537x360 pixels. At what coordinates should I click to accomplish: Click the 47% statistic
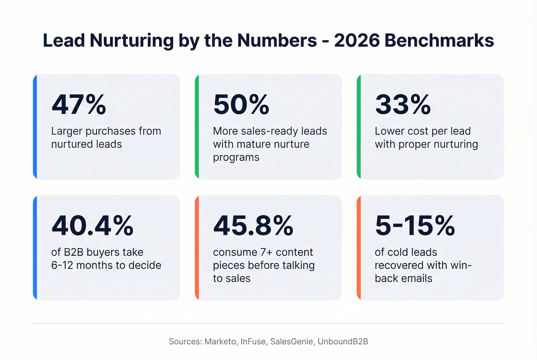[x=79, y=104]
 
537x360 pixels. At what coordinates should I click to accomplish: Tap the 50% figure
[x=241, y=104]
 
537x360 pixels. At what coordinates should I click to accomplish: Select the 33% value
[x=403, y=104]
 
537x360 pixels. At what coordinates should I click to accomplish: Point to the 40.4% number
[x=92, y=225]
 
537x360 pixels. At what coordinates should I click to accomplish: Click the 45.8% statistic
[x=253, y=225]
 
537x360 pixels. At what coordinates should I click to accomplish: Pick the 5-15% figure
[x=415, y=225]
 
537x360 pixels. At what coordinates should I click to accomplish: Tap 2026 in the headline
[x=356, y=41]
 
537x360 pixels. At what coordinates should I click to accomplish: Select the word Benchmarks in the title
[x=439, y=41]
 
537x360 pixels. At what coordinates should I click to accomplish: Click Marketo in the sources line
[x=221, y=342]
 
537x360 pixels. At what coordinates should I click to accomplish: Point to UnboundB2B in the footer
[x=343, y=342]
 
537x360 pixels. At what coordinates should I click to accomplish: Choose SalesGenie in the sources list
[x=292, y=342]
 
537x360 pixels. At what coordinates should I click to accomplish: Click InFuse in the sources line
[x=254, y=342]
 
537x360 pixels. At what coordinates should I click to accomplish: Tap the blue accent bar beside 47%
[x=35, y=127]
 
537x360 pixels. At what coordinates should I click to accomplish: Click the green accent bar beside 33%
[x=359, y=127]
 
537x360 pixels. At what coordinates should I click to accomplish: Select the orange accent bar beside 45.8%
[x=197, y=248]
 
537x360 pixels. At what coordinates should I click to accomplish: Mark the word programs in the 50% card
[x=236, y=158]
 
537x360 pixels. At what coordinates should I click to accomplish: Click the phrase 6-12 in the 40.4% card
[x=62, y=265]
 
